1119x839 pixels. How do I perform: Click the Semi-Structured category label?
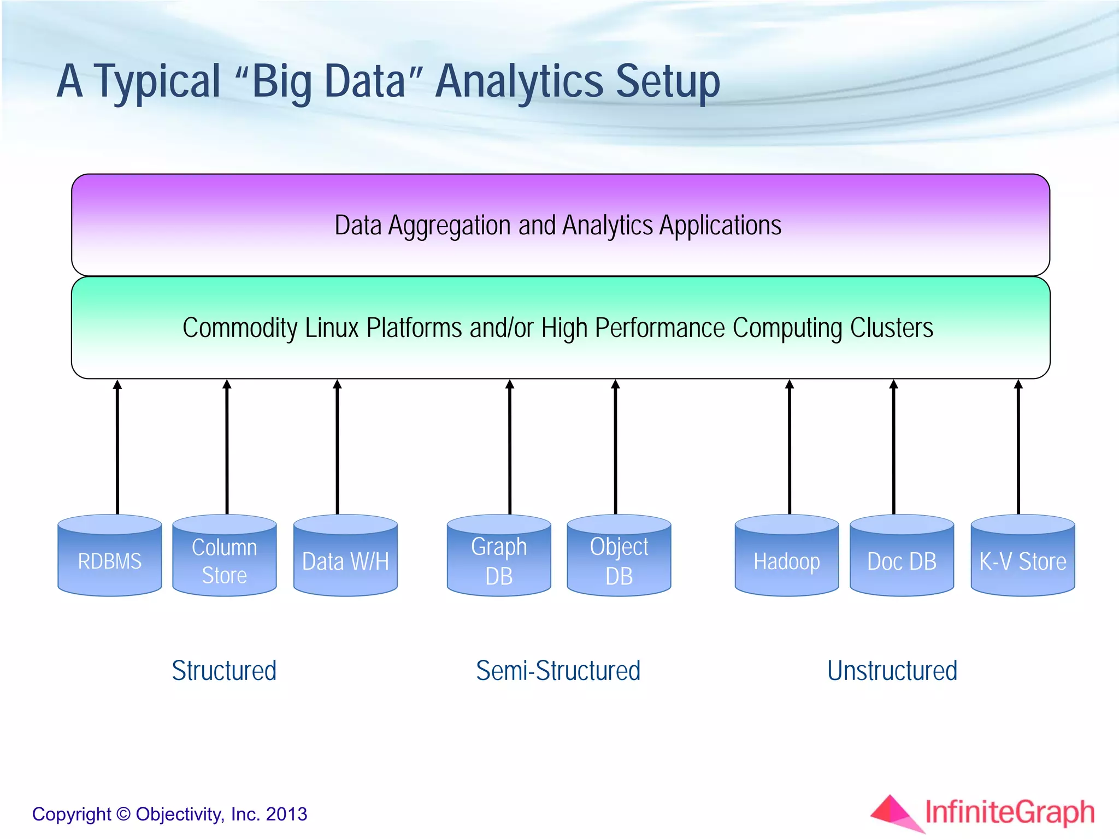[x=558, y=671]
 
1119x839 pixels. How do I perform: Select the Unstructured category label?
[x=892, y=671]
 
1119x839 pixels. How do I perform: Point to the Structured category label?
[x=224, y=671]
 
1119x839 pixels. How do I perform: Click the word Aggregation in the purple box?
[x=449, y=226]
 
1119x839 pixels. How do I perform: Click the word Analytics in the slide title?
[x=519, y=82]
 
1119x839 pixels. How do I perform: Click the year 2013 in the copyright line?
[x=286, y=814]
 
